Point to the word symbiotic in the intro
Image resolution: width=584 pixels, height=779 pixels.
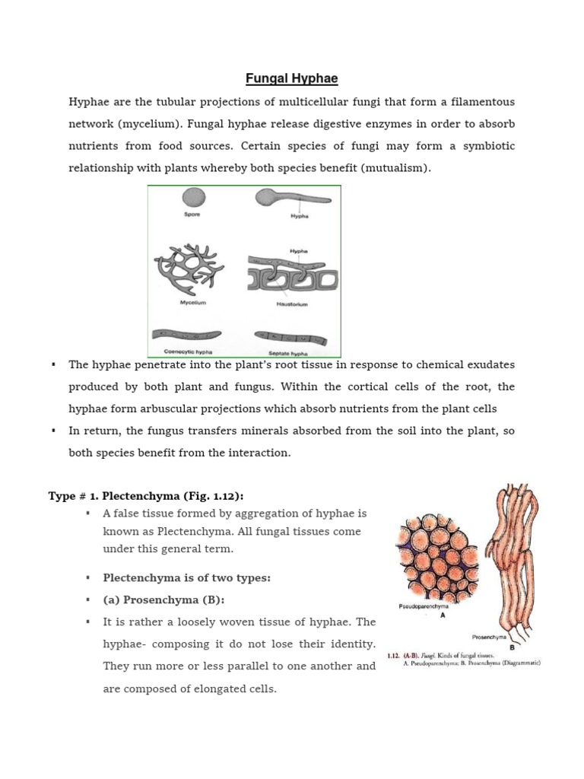tap(487, 145)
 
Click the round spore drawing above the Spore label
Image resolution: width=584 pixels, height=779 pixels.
tap(193, 199)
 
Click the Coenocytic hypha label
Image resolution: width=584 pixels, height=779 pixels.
tap(189, 351)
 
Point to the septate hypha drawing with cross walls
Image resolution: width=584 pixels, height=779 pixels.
tap(292, 336)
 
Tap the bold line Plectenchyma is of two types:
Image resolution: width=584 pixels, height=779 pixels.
tap(186, 578)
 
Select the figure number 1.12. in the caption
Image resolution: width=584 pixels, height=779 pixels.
tap(399, 654)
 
